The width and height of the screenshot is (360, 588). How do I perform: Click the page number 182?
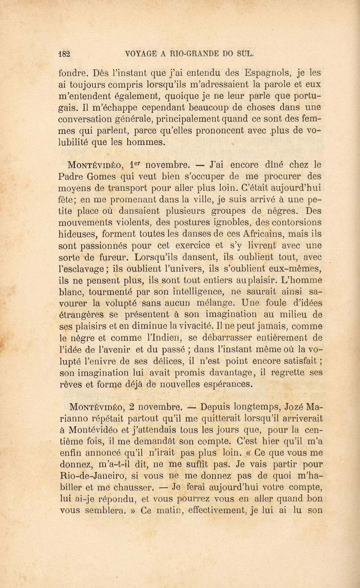(x=64, y=53)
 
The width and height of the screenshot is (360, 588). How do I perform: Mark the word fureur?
(x=113, y=257)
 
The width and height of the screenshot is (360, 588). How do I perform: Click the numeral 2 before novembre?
(x=132, y=407)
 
